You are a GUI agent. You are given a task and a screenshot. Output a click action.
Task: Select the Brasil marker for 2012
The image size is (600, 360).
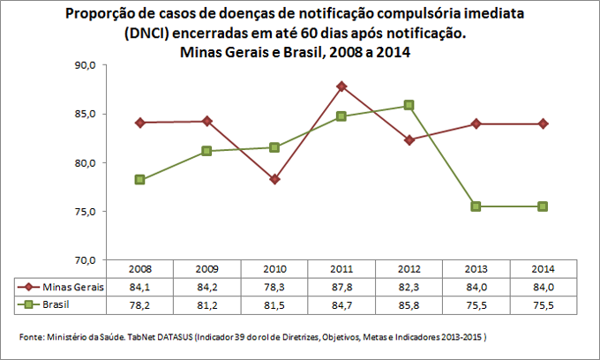point(409,105)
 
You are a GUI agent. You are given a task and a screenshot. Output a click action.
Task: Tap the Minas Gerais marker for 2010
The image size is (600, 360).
point(274,179)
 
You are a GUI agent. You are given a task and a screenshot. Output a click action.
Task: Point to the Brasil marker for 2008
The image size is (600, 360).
point(139,180)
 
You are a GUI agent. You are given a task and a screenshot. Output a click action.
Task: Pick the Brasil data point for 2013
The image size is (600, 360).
point(476,206)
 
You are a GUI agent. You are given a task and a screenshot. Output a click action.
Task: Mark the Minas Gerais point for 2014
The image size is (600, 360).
point(543,124)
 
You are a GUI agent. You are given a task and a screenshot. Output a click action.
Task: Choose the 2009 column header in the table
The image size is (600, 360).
point(206,268)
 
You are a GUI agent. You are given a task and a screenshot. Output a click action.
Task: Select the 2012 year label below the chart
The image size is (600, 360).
point(409,268)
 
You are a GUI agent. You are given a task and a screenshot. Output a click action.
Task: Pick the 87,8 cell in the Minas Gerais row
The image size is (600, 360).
point(341,287)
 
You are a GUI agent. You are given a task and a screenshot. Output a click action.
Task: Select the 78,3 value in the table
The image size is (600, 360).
point(274,287)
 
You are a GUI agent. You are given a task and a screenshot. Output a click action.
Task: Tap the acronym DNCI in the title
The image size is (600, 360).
point(152,34)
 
